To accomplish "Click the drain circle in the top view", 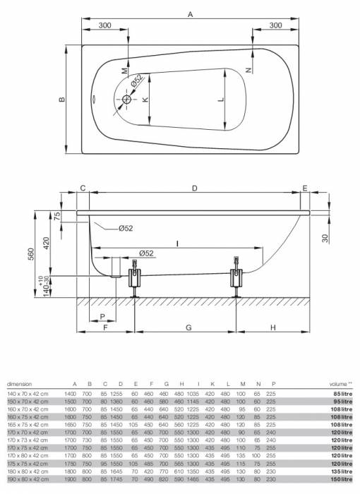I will [128, 100].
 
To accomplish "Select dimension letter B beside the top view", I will [62, 99].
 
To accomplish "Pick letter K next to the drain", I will [145, 100].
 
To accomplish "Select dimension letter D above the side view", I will [194, 188].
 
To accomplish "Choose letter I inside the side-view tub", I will [179, 243].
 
